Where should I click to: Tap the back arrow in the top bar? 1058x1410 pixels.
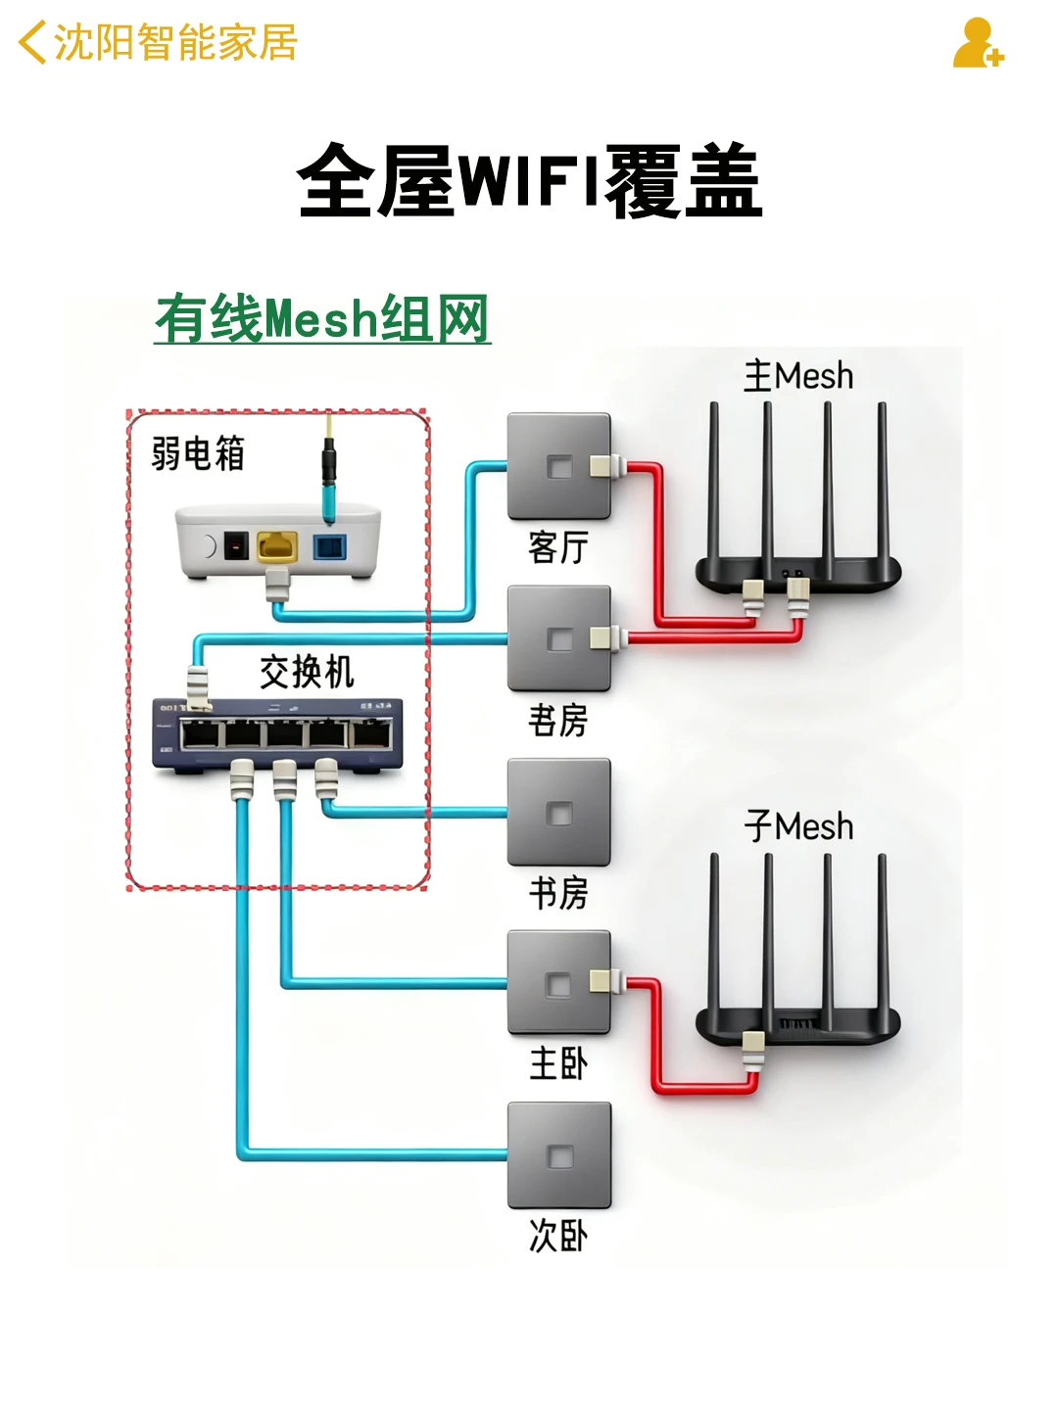click(x=31, y=43)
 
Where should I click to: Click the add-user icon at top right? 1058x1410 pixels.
click(x=977, y=44)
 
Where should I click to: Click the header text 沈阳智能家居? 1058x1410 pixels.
click(x=175, y=43)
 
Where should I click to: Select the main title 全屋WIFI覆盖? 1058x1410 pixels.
click(x=529, y=181)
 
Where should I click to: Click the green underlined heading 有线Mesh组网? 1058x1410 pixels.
click(x=322, y=319)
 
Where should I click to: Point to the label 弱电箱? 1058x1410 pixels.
click(x=198, y=453)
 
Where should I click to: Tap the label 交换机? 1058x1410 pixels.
click(x=307, y=672)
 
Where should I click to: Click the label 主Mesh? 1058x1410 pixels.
click(x=798, y=376)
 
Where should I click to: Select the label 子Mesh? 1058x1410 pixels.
click(x=798, y=826)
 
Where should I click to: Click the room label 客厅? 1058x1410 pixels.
click(x=558, y=547)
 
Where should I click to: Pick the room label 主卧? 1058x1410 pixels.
click(x=558, y=1063)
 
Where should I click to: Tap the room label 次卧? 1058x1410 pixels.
click(x=558, y=1236)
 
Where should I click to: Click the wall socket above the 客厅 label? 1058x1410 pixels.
click(x=558, y=466)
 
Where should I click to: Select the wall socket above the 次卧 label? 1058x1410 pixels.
click(x=558, y=1155)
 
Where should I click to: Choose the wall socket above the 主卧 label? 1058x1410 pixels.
click(x=558, y=982)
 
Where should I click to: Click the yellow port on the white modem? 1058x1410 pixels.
click(x=277, y=545)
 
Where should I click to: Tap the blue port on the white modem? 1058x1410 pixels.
click(x=329, y=545)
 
